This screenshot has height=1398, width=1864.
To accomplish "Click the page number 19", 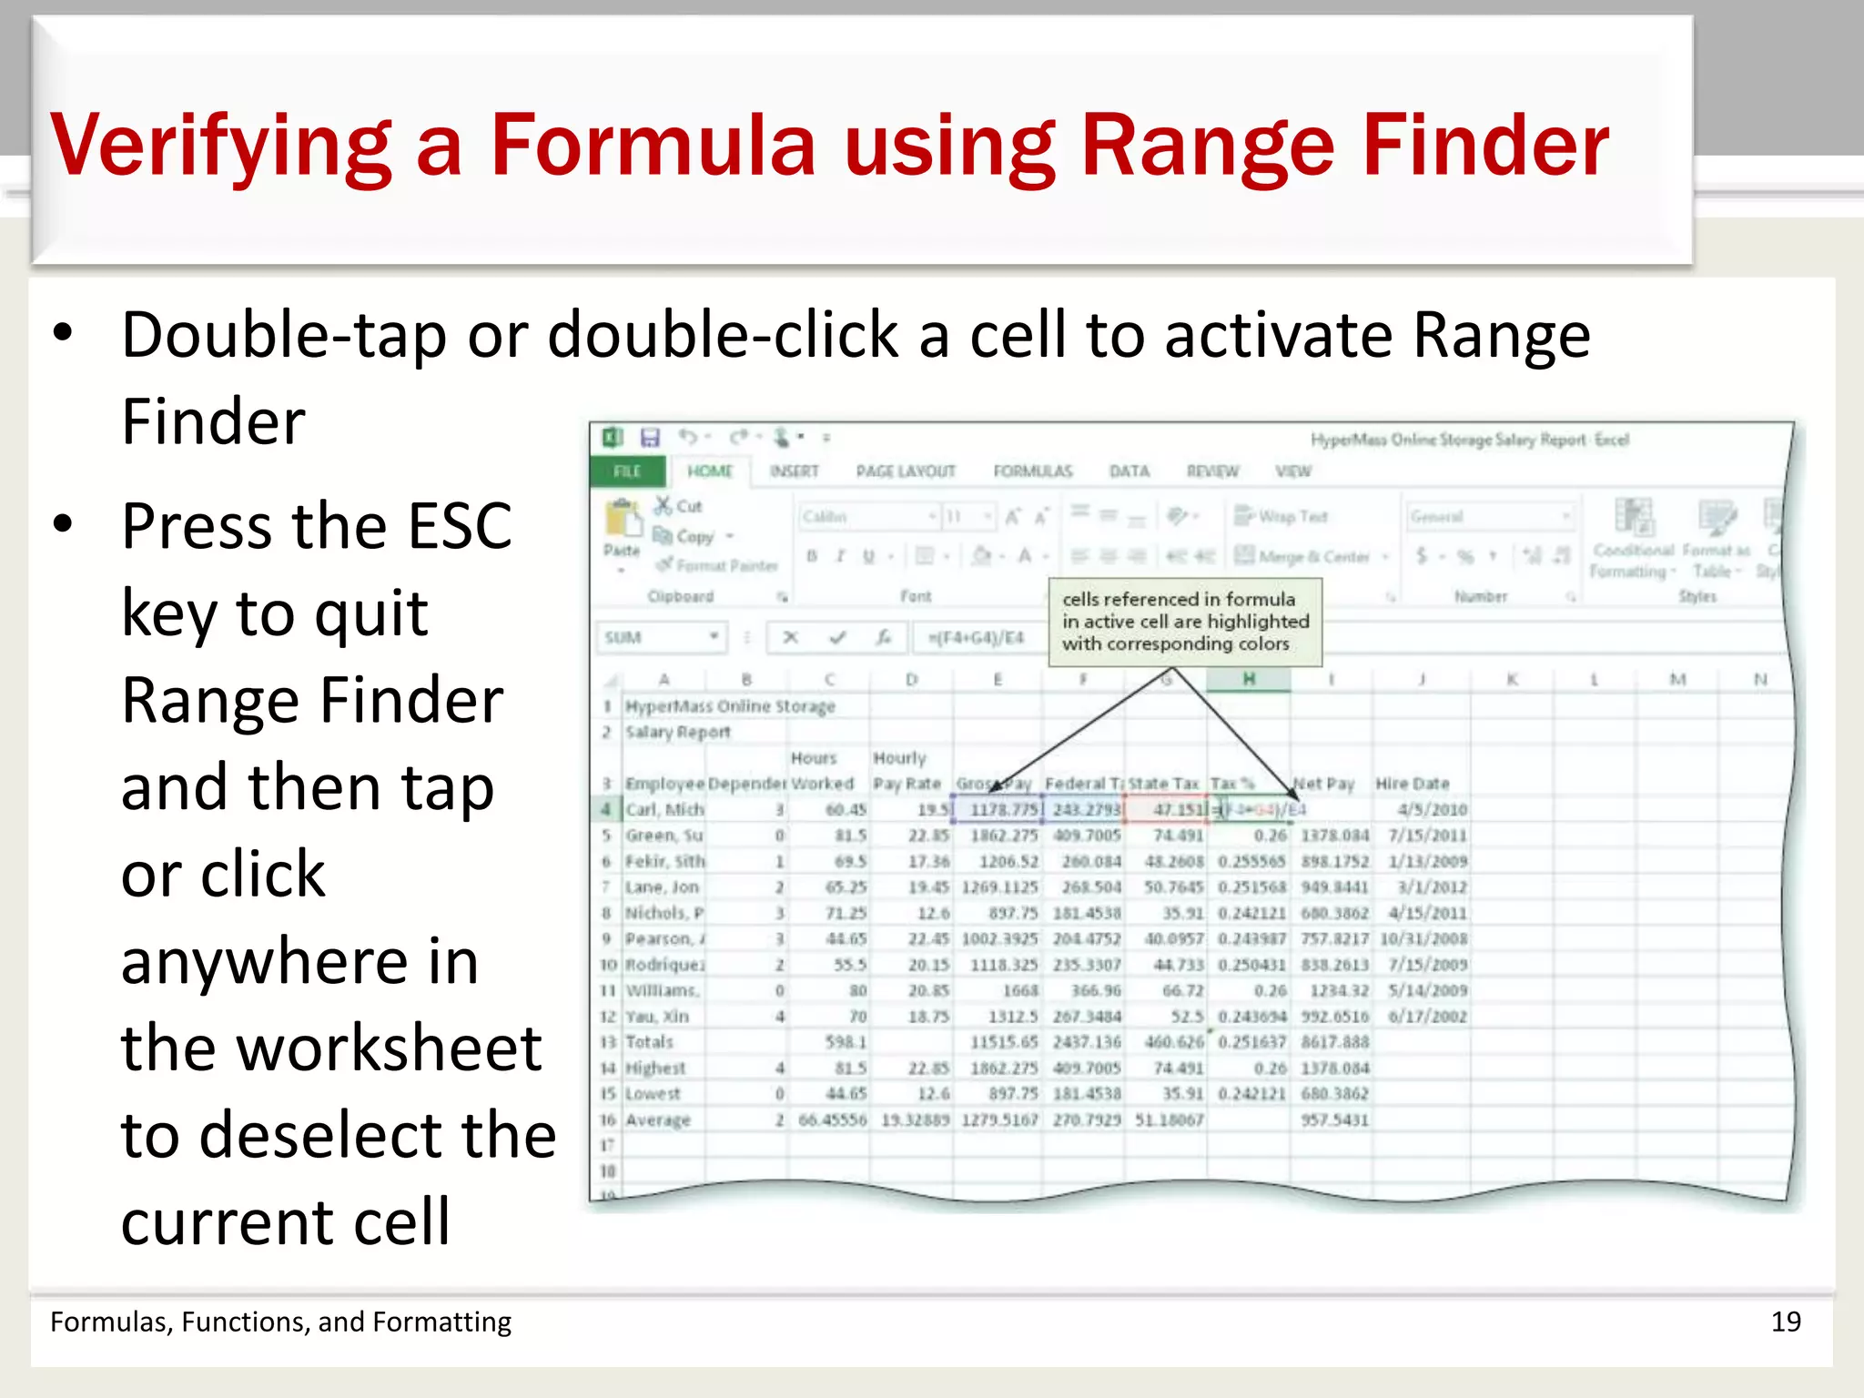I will (x=1786, y=1322).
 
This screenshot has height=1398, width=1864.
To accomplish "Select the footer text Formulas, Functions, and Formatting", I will (x=280, y=1322).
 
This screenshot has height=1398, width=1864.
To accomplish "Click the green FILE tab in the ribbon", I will (x=627, y=471).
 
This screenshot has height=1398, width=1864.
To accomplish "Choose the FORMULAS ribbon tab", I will (x=1032, y=471).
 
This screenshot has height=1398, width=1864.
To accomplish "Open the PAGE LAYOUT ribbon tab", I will (x=906, y=471).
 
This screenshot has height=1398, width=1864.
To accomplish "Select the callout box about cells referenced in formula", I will (x=1185, y=622).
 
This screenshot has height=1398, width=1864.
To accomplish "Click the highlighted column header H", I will (x=1248, y=679).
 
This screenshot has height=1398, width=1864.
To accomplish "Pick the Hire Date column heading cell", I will (x=1412, y=784).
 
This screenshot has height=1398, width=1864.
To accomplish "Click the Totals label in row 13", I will (x=649, y=1042).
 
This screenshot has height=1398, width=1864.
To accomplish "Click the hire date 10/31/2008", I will (x=1423, y=938).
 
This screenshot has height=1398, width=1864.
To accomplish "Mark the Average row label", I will (x=657, y=1119).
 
